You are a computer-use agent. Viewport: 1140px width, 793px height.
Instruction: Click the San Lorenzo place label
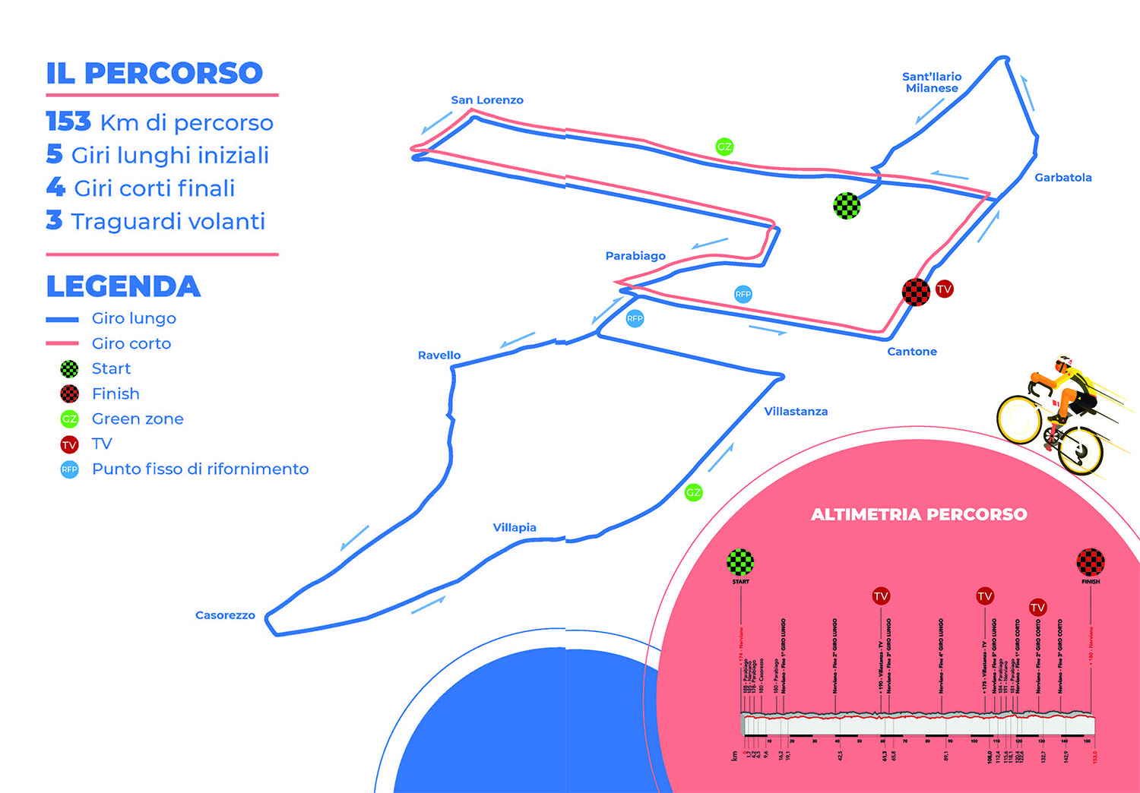point(486,100)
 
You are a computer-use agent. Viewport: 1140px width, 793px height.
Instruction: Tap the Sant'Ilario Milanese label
point(932,82)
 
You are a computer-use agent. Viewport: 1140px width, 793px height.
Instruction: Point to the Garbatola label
point(1062,178)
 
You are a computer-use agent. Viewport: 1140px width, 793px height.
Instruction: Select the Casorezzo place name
point(225,615)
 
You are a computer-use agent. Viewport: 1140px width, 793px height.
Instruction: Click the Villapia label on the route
point(515,528)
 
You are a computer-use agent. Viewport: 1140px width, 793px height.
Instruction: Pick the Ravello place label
point(439,355)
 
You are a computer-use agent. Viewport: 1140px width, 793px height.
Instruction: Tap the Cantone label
point(912,352)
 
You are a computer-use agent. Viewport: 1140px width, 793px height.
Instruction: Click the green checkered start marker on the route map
point(847,205)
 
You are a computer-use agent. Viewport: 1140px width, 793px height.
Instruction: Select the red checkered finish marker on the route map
point(916,292)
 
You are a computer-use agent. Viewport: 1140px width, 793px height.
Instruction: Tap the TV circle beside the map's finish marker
point(944,289)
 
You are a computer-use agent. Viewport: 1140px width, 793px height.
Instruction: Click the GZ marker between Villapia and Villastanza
point(693,492)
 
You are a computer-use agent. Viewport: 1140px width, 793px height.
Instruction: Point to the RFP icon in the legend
point(69,469)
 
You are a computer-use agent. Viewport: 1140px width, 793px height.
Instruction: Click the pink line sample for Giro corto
point(62,343)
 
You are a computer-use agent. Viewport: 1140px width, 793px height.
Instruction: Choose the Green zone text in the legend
point(138,419)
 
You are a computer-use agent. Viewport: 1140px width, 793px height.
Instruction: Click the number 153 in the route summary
point(68,122)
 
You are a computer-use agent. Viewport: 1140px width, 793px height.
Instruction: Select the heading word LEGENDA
point(123,287)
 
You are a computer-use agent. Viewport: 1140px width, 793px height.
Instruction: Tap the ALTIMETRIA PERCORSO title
point(919,515)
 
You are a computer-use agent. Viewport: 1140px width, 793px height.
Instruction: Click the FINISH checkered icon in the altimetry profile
point(1091,562)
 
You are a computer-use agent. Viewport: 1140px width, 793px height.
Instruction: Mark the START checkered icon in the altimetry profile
point(740,562)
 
